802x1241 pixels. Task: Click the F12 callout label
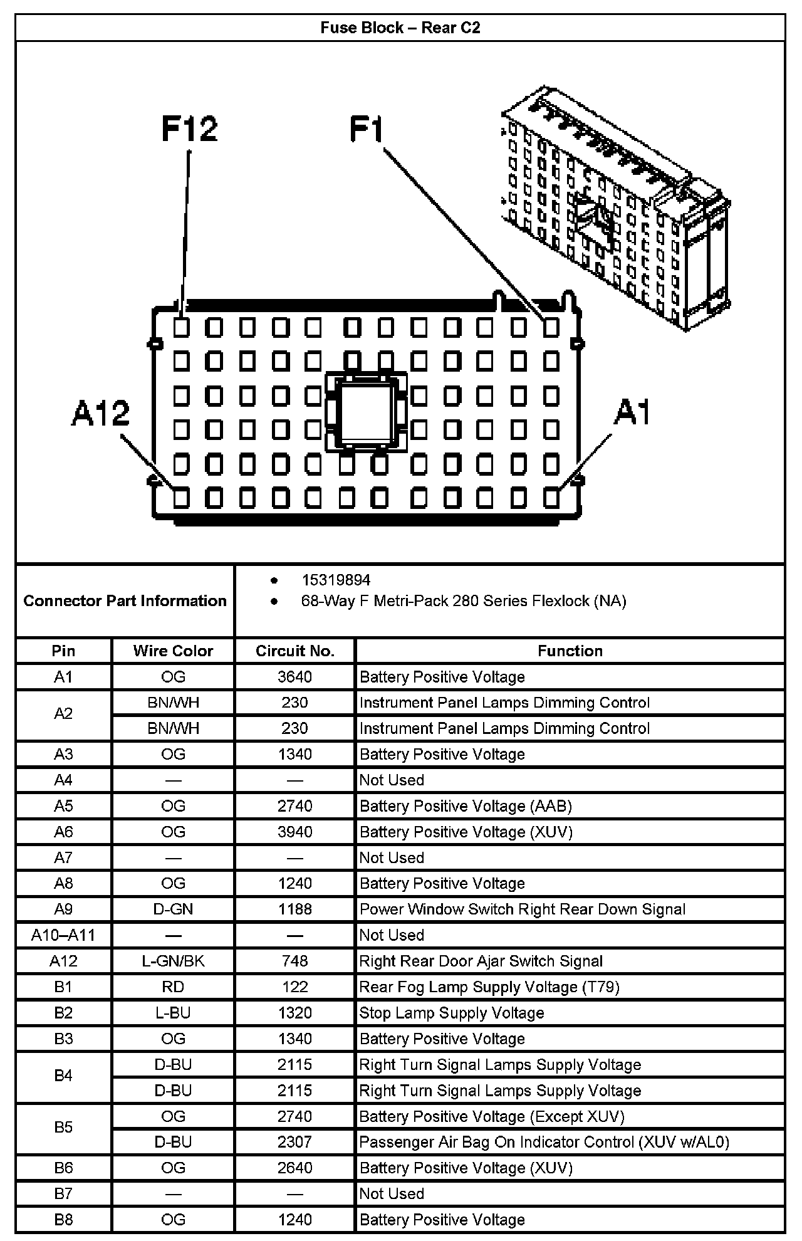coord(189,128)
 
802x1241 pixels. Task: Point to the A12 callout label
coord(100,414)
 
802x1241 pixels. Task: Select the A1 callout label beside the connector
coord(633,412)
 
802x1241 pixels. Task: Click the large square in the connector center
coord(365,411)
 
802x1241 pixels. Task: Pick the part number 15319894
coord(336,580)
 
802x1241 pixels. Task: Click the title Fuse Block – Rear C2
coord(400,28)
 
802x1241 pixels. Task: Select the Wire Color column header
coord(173,651)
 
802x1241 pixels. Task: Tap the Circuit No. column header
coord(294,651)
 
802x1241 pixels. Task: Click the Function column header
coord(570,651)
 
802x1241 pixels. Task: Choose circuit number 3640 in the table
coord(294,677)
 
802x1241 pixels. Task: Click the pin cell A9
coord(63,909)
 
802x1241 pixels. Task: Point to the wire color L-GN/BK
coord(173,961)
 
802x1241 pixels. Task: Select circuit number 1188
coord(294,909)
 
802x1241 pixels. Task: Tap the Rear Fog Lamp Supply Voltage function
coord(489,987)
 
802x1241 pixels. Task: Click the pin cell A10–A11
coord(63,935)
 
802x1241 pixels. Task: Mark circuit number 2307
coord(294,1142)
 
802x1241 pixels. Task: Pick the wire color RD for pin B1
coord(173,987)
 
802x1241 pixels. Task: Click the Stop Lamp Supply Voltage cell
coord(451,1013)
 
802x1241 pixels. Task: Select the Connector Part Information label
coord(125,600)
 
